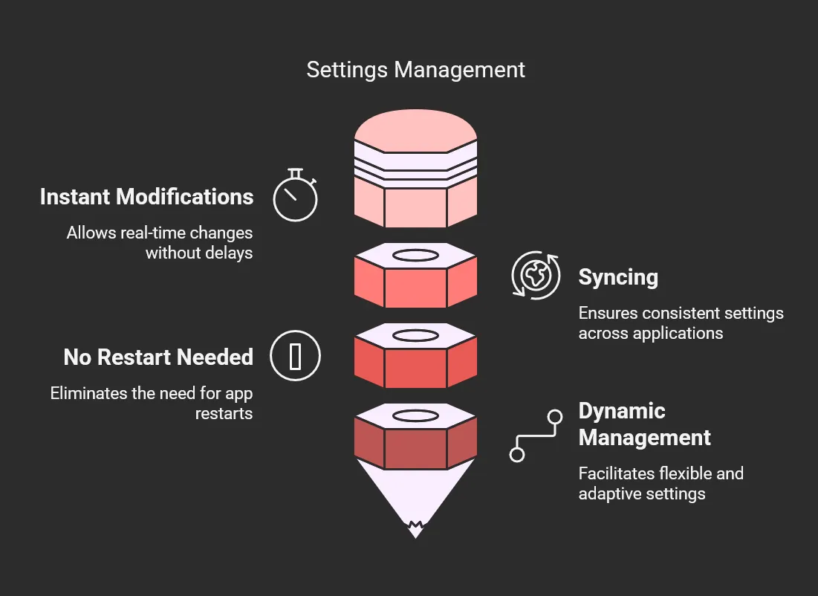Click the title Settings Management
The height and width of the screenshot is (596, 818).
[x=415, y=70]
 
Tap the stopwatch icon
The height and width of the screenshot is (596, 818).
[x=295, y=197]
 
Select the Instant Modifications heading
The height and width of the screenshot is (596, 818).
[x=147, y=197]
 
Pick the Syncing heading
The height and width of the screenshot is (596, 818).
[x=618, y=277]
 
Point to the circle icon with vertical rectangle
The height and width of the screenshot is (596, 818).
[x=295, y=356]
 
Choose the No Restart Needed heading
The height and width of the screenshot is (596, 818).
[x=158, y=357]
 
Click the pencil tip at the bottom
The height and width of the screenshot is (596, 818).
[x=415, y=530]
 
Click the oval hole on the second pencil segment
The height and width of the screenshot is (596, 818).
[x=415, y=256]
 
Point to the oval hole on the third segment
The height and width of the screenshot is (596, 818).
[x=415, y=336]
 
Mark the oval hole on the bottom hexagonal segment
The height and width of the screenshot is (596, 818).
[x=415, y=415]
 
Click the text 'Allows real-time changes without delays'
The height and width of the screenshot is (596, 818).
[x=160, y=243]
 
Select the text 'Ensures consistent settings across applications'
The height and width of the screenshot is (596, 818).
[x=681, y=323]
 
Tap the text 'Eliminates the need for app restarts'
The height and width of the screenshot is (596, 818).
[x=152, y=404]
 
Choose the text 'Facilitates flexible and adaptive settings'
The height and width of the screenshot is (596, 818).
[x=660, y=484]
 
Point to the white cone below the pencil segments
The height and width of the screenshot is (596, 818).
[x=415, y=490]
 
